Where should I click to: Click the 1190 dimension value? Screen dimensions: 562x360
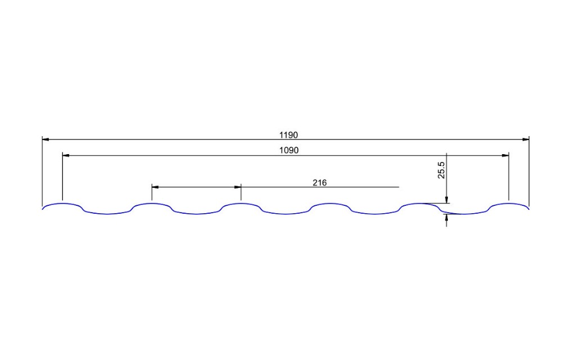coord(288,135)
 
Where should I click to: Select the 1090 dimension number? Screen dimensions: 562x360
coord(289,150)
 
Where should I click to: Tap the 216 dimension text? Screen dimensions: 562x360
coord(320,183)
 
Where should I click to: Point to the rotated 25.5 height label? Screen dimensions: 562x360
coord(441,170)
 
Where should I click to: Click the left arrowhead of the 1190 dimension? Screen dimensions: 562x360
coord(46,139)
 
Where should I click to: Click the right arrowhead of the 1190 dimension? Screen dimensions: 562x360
coord(526,139)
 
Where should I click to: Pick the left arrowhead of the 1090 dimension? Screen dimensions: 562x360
coord(66,155)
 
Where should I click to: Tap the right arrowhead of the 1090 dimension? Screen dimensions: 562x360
coord(505,155)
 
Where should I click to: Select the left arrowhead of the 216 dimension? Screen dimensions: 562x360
coord(155,187)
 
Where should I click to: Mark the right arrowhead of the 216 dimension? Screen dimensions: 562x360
coord(237,187)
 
